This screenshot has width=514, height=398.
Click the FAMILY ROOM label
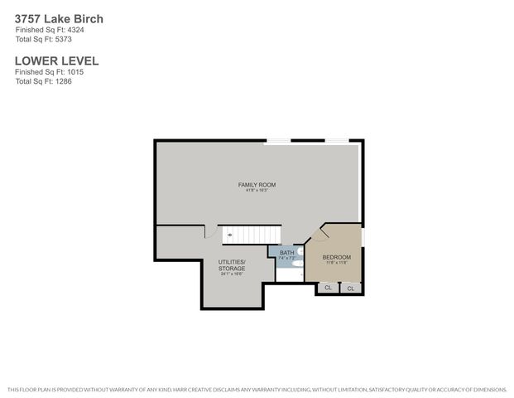(257, 184)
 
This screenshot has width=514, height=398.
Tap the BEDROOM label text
(336, 257)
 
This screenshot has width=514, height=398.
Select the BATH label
(286, 252)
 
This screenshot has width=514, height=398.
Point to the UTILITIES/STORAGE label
(232, 265)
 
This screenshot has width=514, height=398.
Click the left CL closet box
(328, 288)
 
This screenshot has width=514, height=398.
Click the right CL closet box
(351, 289)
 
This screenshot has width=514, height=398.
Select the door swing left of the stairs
(211, 232)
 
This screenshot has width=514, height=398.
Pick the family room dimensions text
(257, 191)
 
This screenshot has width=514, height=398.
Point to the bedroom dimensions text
(336, 264)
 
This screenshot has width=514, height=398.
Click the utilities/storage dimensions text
(232, 274)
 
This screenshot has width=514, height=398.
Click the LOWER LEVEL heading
(56, 61)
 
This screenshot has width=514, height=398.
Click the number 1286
(64, 80)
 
